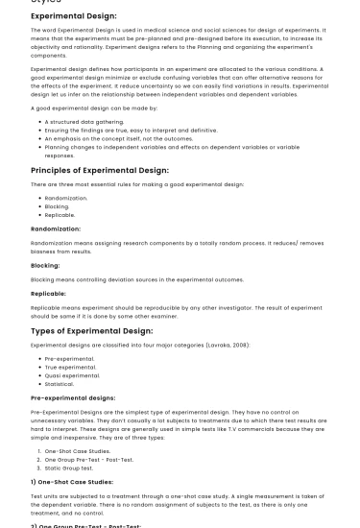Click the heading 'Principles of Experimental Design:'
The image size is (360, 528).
[97, 170]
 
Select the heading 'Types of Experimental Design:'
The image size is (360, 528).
[91, 330]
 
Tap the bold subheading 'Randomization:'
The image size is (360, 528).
[56, 228]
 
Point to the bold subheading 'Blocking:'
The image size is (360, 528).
[45, 265]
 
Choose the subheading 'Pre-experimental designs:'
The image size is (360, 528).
[73, 396]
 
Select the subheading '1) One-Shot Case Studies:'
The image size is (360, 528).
[72, 481]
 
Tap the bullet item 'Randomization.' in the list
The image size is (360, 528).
[66, 198]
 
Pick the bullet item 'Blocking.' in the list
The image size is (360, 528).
[58, 206]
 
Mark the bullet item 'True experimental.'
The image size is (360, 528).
[72, 367]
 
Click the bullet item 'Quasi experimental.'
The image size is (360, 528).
[74, 375]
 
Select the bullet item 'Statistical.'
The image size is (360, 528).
[60, 384]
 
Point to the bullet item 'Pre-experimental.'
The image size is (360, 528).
[70, 358]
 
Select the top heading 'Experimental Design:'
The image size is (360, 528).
[74, 15]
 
